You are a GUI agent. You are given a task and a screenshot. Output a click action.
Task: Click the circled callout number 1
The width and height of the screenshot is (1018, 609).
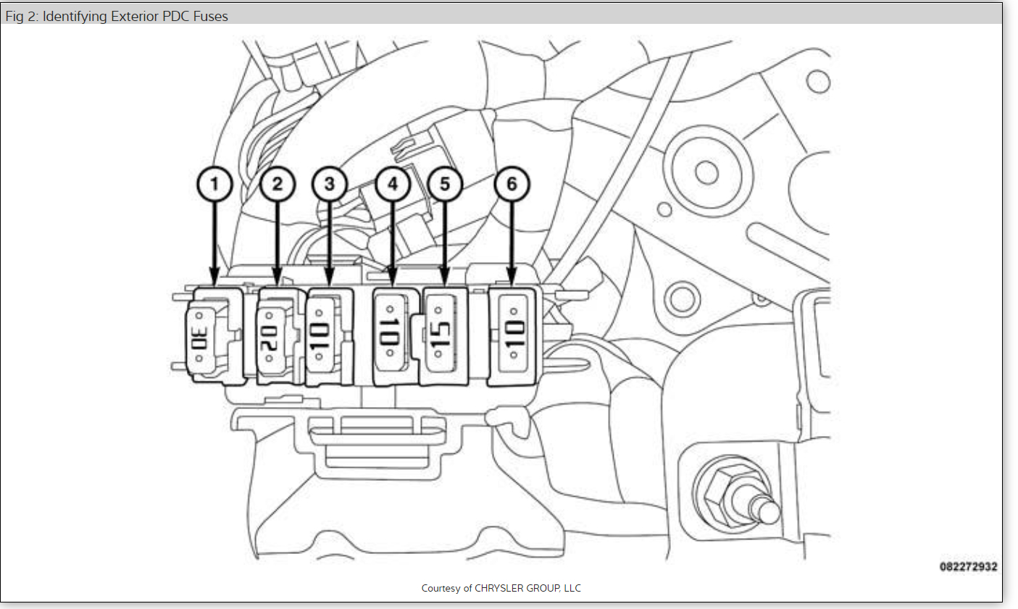click(x=214, y=185)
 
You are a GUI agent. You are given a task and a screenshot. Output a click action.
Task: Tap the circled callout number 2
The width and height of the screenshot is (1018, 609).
click(x=278, y=185)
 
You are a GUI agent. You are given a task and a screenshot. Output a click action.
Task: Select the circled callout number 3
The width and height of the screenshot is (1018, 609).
click(x=330, y=185)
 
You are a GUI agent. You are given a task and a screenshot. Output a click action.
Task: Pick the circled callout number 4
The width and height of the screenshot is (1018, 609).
click(x=393, y=185)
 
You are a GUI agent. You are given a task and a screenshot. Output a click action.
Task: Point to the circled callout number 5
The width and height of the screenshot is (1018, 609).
click(x=445, y=185)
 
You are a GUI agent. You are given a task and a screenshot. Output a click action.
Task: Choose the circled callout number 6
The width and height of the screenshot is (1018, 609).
click(x=512, y=185)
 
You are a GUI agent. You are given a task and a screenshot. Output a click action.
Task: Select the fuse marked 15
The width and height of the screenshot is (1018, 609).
click(x=441, y=335)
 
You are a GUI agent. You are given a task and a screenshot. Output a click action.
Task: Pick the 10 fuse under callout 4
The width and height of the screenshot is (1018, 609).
click(x=390, y=335)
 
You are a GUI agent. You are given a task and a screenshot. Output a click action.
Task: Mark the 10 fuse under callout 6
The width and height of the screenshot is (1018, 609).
click(x=513, y=337)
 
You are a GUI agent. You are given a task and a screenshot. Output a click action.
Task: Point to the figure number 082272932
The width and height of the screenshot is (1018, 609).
click(x=968, y=567)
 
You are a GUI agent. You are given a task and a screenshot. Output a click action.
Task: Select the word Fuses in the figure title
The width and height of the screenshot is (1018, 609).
click(x=210, y=16)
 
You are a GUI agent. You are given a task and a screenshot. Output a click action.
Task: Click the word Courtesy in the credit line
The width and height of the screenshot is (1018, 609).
click(x=441, y=588)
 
